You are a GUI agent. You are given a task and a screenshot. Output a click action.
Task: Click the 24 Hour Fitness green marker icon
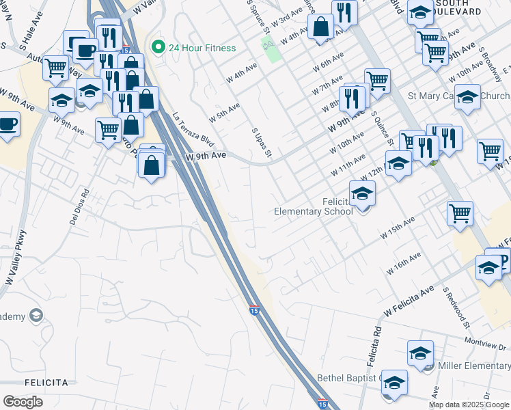[158, 48]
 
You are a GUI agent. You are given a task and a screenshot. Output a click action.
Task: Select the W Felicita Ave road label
[409, 301]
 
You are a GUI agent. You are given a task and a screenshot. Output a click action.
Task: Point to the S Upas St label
[262, 143]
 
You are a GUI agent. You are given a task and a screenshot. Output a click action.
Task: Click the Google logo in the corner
[23, 402]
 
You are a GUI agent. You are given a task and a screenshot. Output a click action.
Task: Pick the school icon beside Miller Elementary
[421, 353]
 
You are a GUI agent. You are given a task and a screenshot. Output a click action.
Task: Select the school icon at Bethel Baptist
[394, 382]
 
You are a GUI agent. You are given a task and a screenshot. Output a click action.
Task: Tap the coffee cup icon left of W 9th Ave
[8, 124]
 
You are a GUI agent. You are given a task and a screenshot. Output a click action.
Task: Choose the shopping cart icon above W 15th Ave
[460, 213]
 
